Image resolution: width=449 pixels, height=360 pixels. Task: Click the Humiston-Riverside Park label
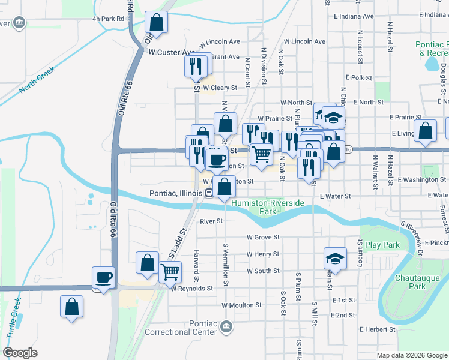click(x=276, y=207)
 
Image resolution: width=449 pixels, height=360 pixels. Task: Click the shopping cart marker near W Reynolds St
click(x=170, y=272)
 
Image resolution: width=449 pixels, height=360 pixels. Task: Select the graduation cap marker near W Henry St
click(x=336, y=259)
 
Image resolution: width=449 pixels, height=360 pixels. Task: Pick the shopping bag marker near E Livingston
click(x=426, y=133)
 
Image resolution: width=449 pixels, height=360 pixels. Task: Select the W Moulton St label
click(x=241, y=305)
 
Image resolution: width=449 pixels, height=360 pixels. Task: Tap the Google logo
click(x=20, y=353)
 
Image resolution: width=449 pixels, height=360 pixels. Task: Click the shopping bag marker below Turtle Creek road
click(x=71, y=307)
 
